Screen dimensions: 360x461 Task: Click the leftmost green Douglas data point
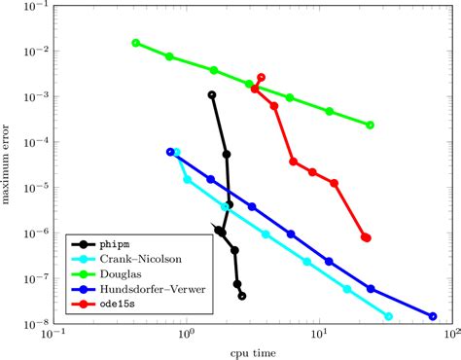(x=136, y=43)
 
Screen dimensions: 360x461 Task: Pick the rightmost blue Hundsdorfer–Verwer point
(x=433, y=315)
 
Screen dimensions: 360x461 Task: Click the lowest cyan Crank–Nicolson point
(x=388, y=316)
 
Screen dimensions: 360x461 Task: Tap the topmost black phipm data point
(x=212, y=95)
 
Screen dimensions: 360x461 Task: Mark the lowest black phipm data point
(x=242, y=296)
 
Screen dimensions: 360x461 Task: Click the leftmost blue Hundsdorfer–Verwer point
(x=170, y=152)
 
